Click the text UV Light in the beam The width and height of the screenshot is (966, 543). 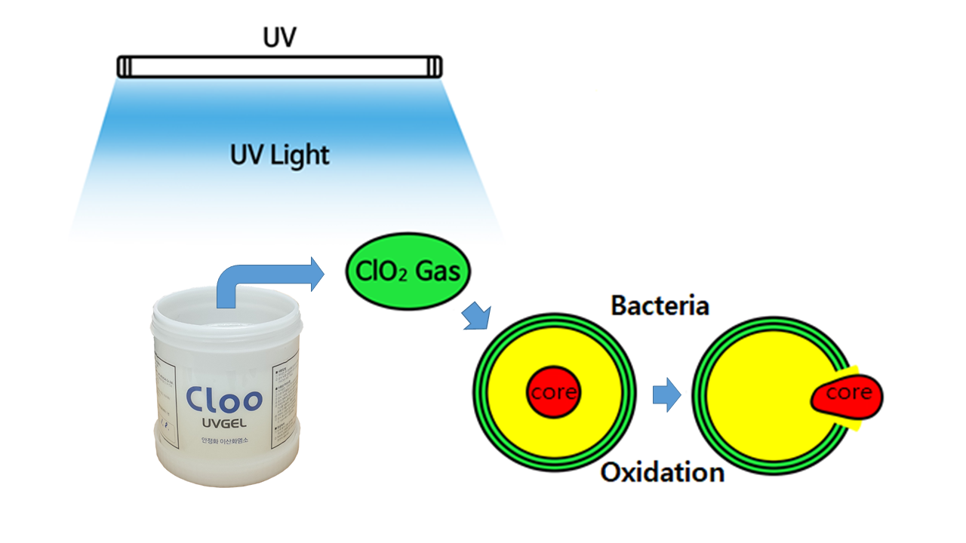tap(280, 155)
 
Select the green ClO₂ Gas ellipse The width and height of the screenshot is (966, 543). tap(407, 271)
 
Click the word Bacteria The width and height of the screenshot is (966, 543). tap(660, 307)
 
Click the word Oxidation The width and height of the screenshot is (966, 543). tap(662, 473)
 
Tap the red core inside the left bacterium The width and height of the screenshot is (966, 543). tap(554, 392)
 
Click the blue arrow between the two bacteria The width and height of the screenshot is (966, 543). tap(666, 395)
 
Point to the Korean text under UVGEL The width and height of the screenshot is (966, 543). tap(224, 440)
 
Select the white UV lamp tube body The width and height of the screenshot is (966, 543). tap(279, 67)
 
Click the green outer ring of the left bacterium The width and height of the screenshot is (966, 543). tap(480, 392)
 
